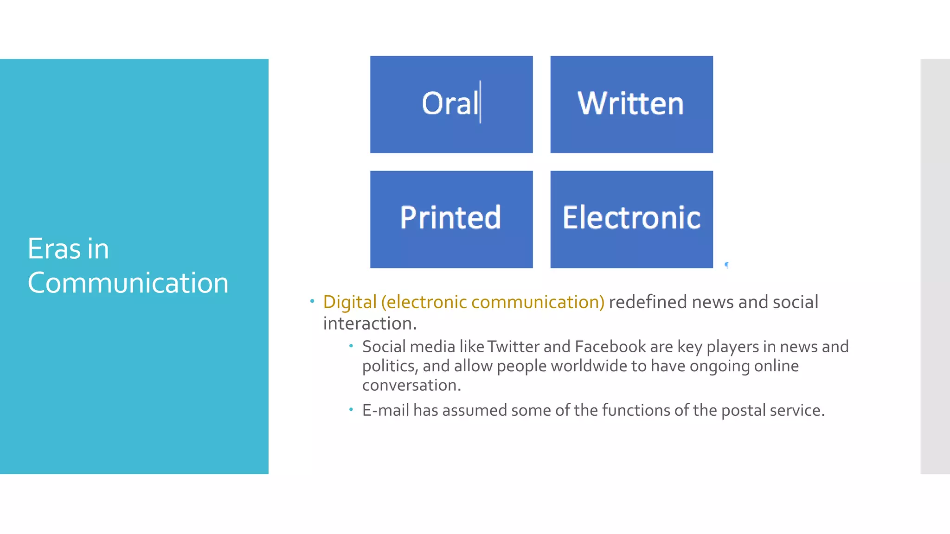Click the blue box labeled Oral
click(x=451, y=104)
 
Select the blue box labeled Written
click(x=631, y=104)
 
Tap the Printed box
click(x=451, y=219)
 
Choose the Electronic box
click(x=631, y=219)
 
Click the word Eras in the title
click(x=54, y=249)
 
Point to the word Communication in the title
click(x=128, y=283)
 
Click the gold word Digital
click(x=350, y=302)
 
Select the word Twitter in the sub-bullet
click(x=513, y=347)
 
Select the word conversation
click(x=411, y=385)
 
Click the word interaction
click(x=369, y=324)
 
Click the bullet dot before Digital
click(x=312, y=301)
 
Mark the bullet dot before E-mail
click(x=351, y=409)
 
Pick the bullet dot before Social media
click(x=351, y=346)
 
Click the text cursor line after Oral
click(x=480, y=102)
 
